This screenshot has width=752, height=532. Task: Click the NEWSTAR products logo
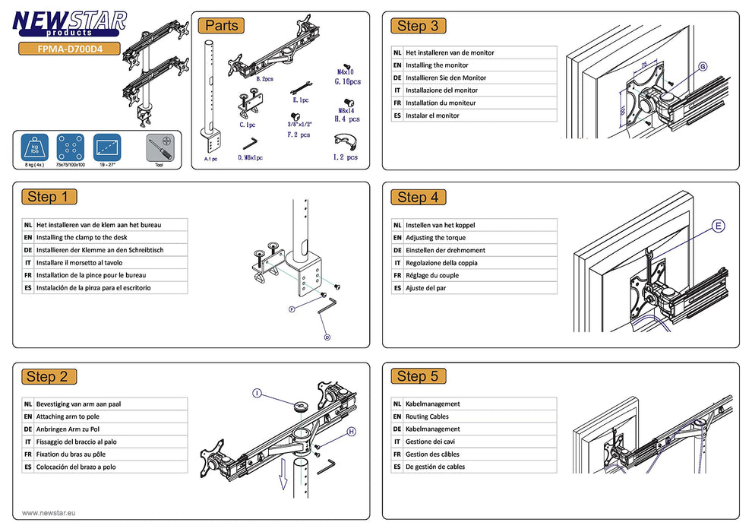click(x=70, y=23)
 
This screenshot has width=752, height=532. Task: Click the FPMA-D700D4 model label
click(x=70, y=50)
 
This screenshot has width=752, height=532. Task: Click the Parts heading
click(x=222, y=26)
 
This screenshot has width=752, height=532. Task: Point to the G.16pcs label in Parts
click(x=347, y=81)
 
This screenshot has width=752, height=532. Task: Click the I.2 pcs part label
click(x=346, y=157)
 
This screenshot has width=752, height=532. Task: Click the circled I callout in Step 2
click(x=257, y=393)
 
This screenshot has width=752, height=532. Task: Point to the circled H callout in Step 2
click(x=352, y=432)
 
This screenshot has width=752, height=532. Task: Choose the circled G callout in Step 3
click(x=702, y=68)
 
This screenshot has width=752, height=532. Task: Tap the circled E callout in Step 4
click(x=718, y=226)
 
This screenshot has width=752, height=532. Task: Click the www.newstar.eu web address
click(x=49, y=513)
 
